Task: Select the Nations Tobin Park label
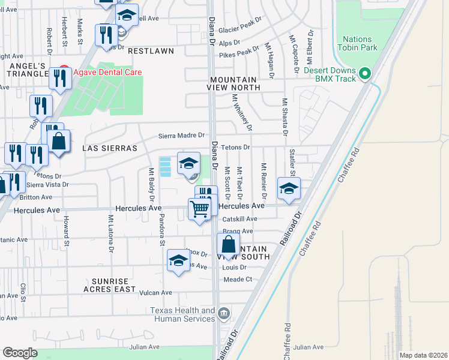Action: point(358,43)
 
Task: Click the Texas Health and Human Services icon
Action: point(224,313)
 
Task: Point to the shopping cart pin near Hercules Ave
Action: point(199,210)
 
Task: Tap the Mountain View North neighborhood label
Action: point(235,83)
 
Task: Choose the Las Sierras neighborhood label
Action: point(110,148)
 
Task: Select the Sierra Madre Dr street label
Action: point(182,136)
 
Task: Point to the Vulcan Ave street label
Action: point(156,293)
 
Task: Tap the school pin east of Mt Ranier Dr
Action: point(289,189)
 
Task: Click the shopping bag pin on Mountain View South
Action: point(229,245)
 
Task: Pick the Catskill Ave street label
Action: point(240,219)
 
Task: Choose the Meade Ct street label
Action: point(238,280)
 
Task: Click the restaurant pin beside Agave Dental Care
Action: point(60,79)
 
